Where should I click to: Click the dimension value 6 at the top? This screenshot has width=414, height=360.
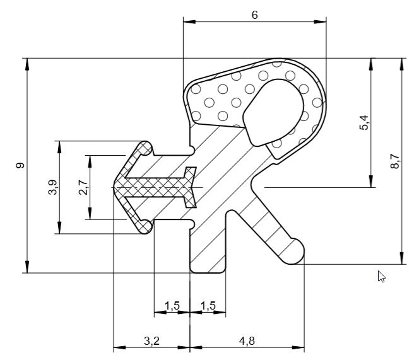pos(254,15)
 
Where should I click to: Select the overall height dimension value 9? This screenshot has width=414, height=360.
pos(20,166)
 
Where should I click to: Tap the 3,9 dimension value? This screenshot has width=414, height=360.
pos(52,187)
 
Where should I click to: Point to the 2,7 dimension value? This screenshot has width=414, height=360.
pos(83,187)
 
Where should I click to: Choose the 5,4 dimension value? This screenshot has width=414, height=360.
pos(364,122)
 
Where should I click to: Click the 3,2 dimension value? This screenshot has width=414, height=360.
pos(151,341)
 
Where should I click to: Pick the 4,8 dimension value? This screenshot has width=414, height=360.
pos(247,341)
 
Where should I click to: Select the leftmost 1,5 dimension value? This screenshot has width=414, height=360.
pos(172,306)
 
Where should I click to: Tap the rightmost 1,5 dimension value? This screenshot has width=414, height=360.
pos(208,306)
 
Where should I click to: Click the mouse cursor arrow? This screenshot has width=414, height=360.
pos(381,276)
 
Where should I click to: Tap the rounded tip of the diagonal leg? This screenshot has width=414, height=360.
pos(294,252)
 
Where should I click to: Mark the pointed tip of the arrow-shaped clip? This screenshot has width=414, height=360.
pos(116,187)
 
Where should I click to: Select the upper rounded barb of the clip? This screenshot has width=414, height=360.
pos(145,148)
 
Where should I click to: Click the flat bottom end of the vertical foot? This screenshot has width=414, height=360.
pos(208,271)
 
